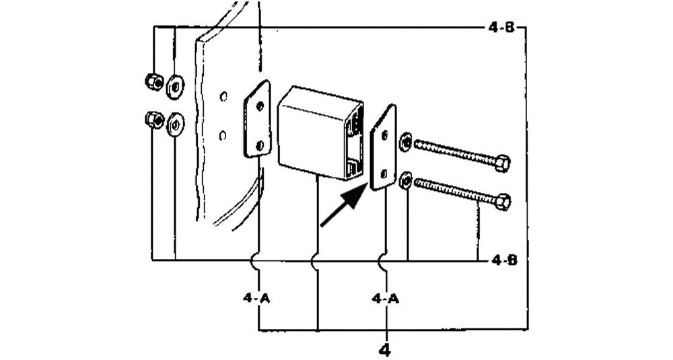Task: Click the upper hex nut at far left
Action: [152, 81]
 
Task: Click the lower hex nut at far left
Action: [153, 120]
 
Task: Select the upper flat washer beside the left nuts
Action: [176, 85]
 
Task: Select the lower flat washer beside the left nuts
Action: [175, 124]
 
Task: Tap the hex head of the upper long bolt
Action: [501, 164]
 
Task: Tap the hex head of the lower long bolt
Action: [502, 201]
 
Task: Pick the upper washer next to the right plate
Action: [405, 143]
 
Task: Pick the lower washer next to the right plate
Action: [405, 180]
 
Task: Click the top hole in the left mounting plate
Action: [261, 106]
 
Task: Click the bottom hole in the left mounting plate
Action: [260, 143]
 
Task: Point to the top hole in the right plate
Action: [384, 135]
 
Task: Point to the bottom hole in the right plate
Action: [384, 172]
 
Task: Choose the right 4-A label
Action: [386, 297]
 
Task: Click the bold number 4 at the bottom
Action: [386, 349]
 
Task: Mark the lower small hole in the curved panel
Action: [223, 135]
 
